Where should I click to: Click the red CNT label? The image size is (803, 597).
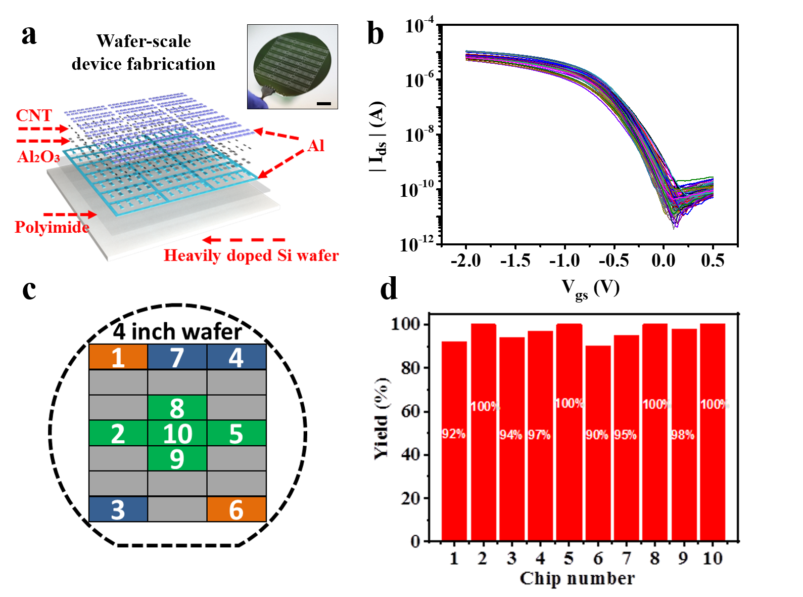point(34,115)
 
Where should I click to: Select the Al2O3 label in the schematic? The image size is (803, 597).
point(38,157)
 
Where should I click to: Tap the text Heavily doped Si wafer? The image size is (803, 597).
point(251,255)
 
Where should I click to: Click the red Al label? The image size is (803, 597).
point(316,146)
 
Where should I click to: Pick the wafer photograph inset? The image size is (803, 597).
point(292,66)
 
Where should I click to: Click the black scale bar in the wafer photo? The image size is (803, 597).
point(324,104)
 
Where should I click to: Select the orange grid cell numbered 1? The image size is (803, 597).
point(118,357)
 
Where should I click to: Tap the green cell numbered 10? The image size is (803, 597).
point(177,433)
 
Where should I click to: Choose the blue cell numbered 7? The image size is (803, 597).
point(177,357)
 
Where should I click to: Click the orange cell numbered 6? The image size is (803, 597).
point(236,509)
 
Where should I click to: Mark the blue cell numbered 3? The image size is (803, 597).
point(118,509)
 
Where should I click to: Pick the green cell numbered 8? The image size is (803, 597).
point(177,408)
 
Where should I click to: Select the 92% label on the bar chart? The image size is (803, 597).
point(453,434)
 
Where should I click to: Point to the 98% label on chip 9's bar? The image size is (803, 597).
point(682,435)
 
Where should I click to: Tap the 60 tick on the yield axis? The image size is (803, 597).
point(410,411)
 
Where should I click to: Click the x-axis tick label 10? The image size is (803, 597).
point(713,558)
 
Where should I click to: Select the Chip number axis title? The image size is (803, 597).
point(577,578)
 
